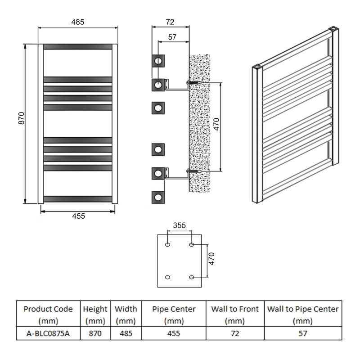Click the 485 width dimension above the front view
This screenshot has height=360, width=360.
[77, 22]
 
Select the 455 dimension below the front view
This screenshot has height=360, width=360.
[78, 216]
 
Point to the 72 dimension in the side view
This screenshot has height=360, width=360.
[170, 22]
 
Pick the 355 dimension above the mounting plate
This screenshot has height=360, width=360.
[179, 225]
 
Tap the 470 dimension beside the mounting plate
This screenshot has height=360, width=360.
[212, 261]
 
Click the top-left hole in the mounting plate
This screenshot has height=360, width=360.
[168, 245]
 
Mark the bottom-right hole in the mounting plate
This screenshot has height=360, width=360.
[192, 277]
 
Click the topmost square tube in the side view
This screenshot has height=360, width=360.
[158, 60]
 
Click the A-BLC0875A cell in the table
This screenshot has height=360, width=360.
[48, 333]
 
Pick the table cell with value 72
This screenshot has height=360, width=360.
[234, 333]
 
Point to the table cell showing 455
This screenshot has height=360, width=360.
[174, 333]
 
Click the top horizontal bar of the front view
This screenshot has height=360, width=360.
[77, 47]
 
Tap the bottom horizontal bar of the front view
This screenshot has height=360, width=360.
[77, 198]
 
